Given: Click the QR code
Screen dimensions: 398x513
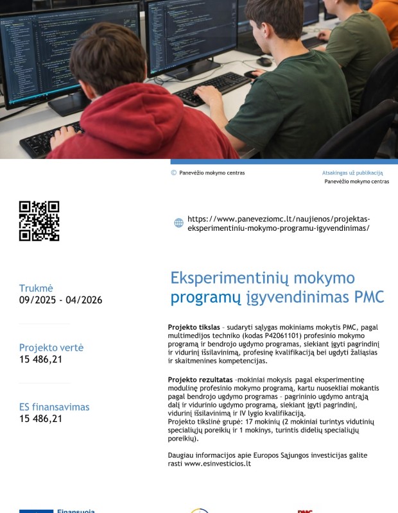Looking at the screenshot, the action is pyautogui.click(x=39, y=221).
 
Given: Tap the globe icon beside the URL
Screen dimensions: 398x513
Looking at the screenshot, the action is pyautogui.click(x=178, y=223).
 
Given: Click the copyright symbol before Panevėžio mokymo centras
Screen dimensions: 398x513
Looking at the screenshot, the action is pyautogui.click(x=173, y=172).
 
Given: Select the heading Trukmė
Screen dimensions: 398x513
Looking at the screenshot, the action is pyautogui.click(x=36, y=288).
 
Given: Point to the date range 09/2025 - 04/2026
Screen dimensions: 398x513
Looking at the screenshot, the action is pyautogui.click(x=60, y=300).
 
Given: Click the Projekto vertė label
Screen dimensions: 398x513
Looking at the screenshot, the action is pyautogui.click(x=51, y=348).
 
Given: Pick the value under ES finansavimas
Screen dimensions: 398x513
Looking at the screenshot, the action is pyautogui.click(x=40, y=419).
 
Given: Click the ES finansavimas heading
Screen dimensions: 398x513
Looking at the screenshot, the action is pyautogui.click(x=54, y=407).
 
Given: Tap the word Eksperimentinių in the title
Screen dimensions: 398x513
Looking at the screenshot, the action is pyautogui.click(x=230, y=278).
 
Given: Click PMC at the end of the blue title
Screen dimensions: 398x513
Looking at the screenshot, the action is pyautogui.click(x=369, y=297).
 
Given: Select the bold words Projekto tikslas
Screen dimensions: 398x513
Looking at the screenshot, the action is pyautogui.click(x=194, y=327).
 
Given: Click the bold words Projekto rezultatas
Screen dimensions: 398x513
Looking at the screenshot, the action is pyautogui.click(x=200, y=380).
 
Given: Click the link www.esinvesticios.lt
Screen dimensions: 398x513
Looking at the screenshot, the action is pyautogui.click(x=218, y=464).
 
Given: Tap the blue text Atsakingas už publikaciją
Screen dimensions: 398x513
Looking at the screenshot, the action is pyautogui.click(x=352, y=172).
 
